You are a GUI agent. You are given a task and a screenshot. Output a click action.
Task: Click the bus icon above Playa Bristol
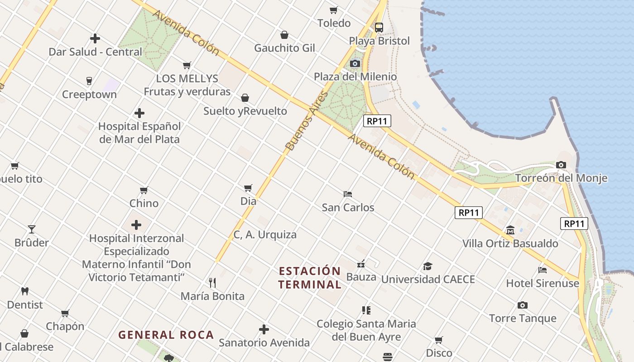379,27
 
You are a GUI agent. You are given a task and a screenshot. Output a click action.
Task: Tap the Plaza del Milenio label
355,76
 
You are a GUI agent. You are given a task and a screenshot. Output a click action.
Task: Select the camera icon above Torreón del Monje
561,165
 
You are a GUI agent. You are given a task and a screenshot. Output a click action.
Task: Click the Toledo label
334,23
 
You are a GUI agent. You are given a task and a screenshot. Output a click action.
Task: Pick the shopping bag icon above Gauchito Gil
284,35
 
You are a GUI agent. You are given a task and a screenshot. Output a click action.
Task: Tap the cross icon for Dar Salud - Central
95,38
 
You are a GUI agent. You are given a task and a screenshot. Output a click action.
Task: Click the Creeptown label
89,95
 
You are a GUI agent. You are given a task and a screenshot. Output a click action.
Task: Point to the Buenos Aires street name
306,121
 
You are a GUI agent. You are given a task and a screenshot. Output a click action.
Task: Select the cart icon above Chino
144,190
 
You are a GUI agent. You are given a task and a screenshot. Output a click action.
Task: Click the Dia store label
248,201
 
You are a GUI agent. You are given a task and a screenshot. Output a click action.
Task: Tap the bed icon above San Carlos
348,194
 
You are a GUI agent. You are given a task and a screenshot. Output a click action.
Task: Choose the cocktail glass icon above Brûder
32,229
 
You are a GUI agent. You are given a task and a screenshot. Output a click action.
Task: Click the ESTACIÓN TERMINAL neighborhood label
310,278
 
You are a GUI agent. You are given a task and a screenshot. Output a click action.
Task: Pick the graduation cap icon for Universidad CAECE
427,266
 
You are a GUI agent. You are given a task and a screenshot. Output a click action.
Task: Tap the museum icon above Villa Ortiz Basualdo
510,230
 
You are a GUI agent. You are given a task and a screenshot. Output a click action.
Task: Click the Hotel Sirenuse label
543,283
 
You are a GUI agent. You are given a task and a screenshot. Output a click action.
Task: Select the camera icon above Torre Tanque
523,305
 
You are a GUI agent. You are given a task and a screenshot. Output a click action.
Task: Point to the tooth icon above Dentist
25,291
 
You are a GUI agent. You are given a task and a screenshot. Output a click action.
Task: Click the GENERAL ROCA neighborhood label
166,335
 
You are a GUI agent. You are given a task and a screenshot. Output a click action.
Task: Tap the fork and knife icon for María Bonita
212,283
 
